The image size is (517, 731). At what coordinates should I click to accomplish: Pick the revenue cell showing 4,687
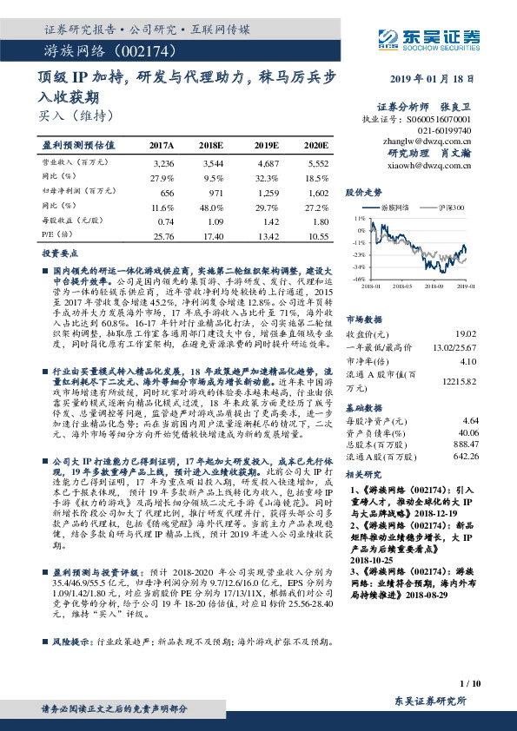click(268, 162)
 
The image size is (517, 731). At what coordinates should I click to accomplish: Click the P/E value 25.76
click(163, 235)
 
